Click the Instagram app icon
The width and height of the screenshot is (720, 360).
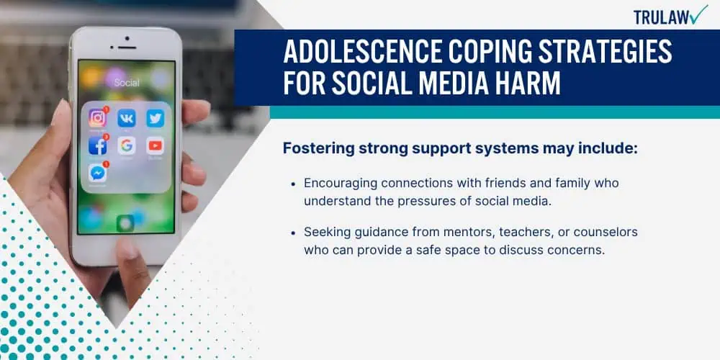97,118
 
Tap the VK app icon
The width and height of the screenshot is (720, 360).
126,118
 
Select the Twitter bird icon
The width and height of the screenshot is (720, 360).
156,118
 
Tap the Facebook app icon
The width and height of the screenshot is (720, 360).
97,145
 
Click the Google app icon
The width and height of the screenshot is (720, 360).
126,145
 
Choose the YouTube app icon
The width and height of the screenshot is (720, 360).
156,145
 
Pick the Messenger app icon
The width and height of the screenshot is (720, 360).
97,173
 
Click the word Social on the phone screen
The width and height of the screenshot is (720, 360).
127,83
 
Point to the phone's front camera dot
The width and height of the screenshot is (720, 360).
127,39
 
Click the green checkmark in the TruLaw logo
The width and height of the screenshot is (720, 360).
698,15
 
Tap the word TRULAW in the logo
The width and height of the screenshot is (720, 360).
661,17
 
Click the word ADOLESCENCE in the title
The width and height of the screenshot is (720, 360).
363,52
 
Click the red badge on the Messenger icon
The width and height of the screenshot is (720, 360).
106,164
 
